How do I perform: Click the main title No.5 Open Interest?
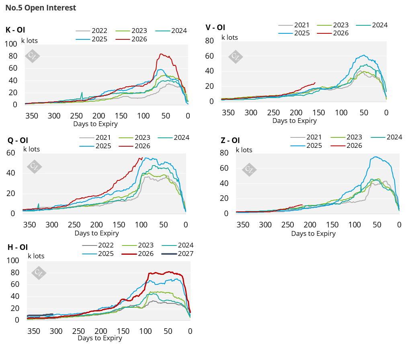41,8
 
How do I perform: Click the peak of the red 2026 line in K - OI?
162,54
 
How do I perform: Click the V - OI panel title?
215,27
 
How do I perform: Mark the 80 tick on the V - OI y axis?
209,40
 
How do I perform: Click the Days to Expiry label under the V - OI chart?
295,121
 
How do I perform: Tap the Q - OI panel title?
17,140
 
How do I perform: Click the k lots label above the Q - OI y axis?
31,149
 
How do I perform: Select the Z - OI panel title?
230,140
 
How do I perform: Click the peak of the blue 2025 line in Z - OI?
375,157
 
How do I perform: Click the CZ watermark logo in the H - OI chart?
39,273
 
